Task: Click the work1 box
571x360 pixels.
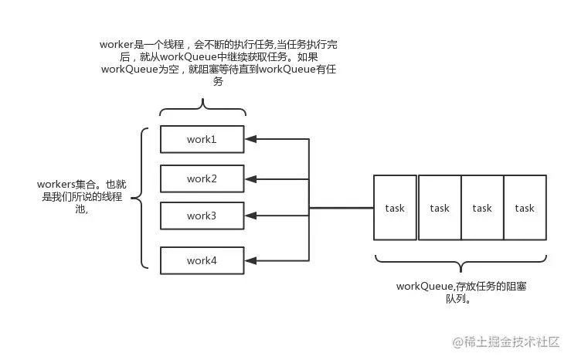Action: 202,139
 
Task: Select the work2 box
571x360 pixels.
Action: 202,178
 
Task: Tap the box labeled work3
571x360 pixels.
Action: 202,216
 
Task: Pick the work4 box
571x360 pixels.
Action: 202,260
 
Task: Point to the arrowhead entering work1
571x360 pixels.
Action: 250,139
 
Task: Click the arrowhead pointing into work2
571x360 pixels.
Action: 250,178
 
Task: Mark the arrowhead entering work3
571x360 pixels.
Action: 250,216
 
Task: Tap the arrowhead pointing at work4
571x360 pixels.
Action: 250,260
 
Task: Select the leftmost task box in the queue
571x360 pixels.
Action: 395,207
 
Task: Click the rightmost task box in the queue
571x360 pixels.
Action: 525,207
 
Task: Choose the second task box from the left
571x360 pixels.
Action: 439,207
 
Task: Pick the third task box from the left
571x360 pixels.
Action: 482,207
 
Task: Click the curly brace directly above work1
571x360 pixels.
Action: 202,107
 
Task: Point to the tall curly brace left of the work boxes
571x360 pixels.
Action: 140,199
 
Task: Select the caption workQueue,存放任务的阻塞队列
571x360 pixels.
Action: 461,292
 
